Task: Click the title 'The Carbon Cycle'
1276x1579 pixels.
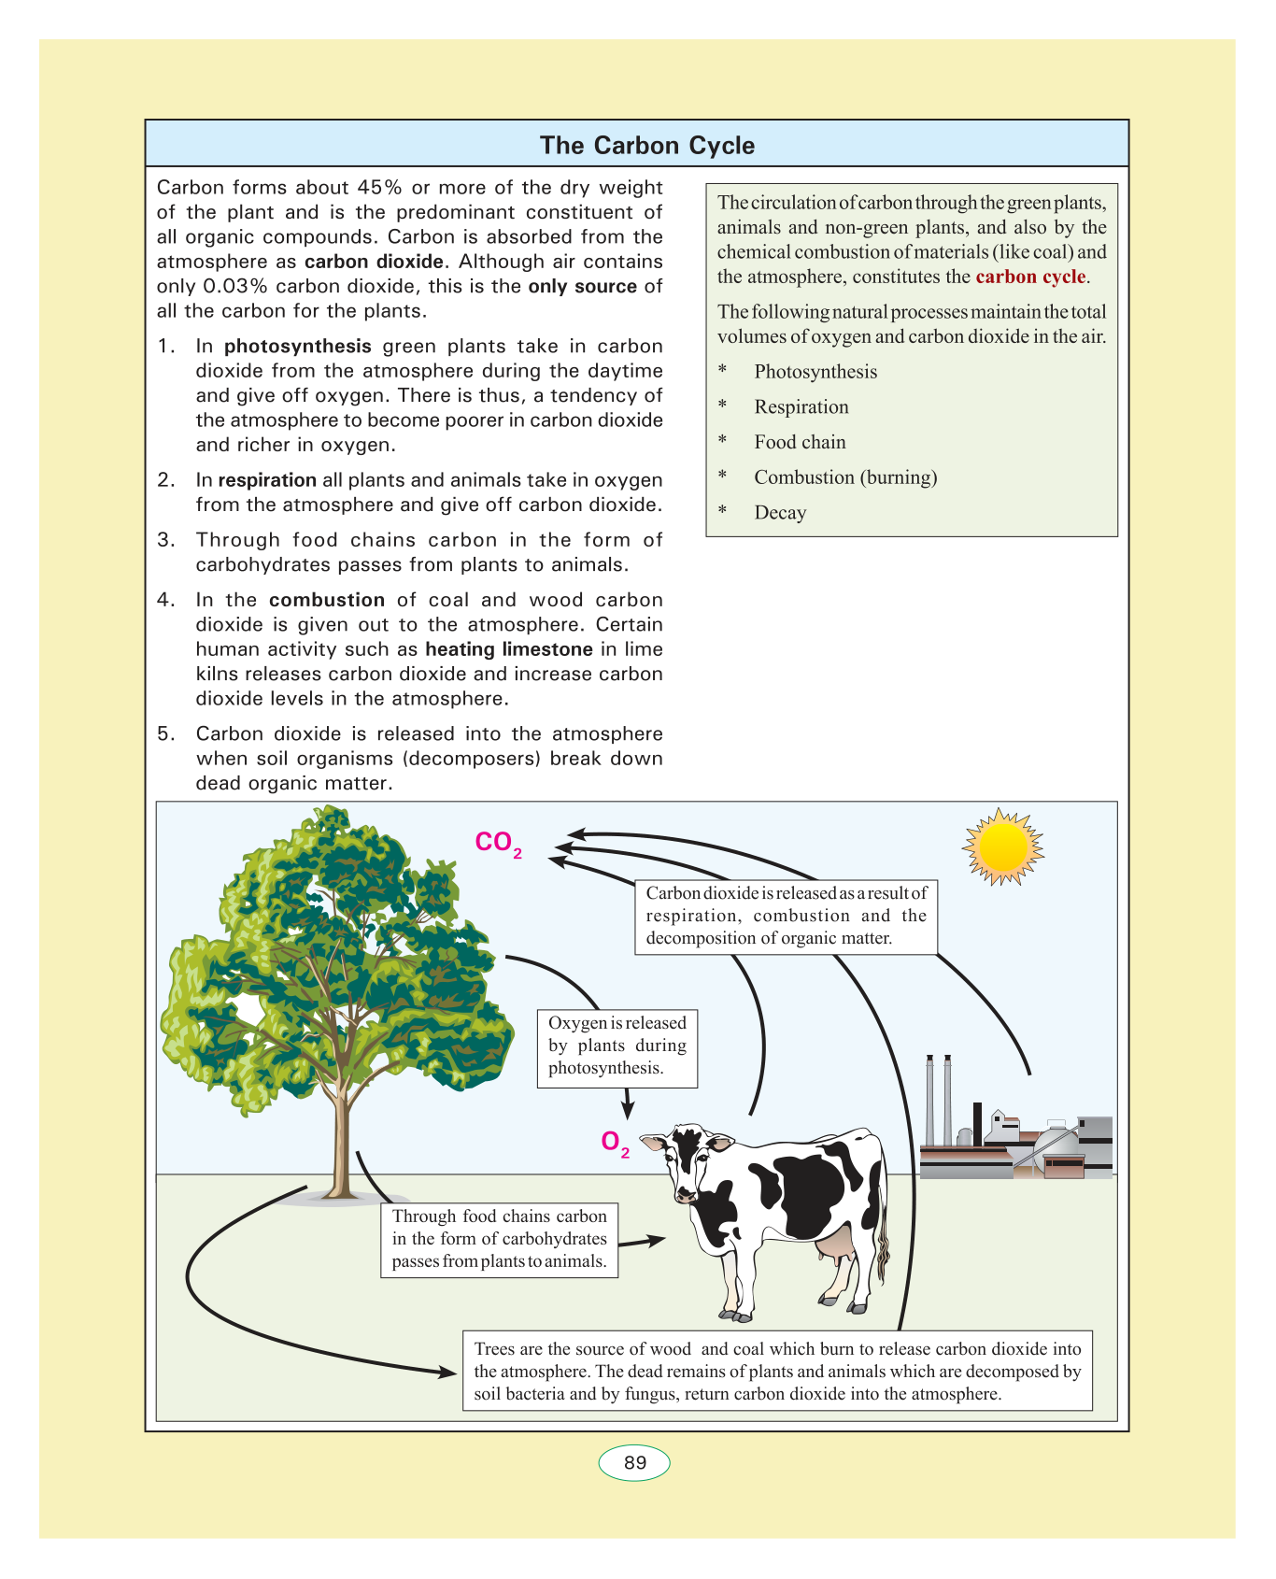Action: point(646,146)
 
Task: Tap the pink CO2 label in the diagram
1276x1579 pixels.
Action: point(497,843)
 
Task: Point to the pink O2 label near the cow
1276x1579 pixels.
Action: point(614,1143)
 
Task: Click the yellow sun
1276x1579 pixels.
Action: point(1002,846)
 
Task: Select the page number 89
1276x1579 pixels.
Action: point(634,1463)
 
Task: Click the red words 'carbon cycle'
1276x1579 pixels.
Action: point(1030,277)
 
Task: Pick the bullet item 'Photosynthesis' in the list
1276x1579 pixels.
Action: point(815,372)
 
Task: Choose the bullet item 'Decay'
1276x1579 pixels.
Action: point(780,513)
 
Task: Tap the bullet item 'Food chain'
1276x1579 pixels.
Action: point(800,443)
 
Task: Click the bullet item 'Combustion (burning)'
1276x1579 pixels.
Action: point(845,477)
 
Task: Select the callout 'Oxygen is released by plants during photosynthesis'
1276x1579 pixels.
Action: point(617,1046)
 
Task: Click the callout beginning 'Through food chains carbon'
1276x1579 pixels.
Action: point(500,1239)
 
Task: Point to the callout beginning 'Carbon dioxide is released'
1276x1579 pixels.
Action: point(786,916)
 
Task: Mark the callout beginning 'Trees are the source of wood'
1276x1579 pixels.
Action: point(777,1372)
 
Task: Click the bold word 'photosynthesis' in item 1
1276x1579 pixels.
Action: point(298,347)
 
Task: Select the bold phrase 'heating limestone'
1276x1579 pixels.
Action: point(509,649)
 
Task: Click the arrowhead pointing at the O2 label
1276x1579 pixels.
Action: point(628,1111)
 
